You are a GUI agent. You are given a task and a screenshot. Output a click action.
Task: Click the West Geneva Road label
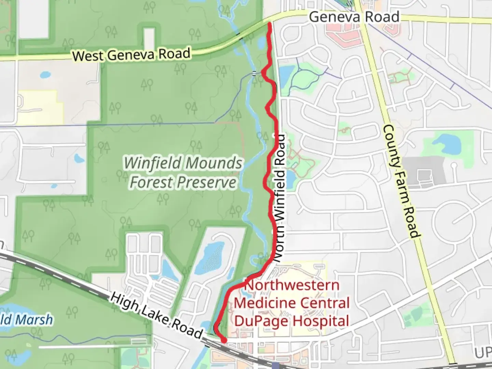tap(131, 55)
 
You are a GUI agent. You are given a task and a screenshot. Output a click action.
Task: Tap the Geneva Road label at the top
tap(354, 17)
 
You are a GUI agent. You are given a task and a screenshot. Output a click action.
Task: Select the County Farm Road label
tap(400, 181)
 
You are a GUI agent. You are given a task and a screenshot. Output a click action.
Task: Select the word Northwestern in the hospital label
tap(292, 285)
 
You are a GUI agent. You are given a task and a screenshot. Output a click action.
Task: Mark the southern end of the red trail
tap(224, 340)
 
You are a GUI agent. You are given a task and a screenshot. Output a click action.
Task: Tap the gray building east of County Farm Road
tap(426, 173)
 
